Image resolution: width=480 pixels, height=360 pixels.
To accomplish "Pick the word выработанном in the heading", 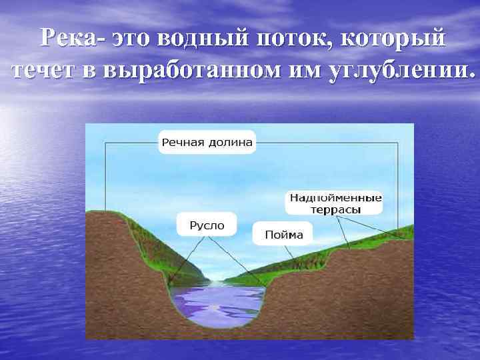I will (x=185, y=69).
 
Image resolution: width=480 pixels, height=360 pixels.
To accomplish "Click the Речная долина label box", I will (x=207, y=142).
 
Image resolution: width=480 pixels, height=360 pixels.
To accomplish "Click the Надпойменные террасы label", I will (x=335, y=203).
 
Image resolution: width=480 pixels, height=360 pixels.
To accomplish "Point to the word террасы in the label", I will (x=335, y=209).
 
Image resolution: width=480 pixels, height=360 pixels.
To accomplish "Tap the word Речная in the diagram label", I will (x=183, y=142).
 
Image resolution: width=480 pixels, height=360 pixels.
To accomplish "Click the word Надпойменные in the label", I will (x=335, y=197).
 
